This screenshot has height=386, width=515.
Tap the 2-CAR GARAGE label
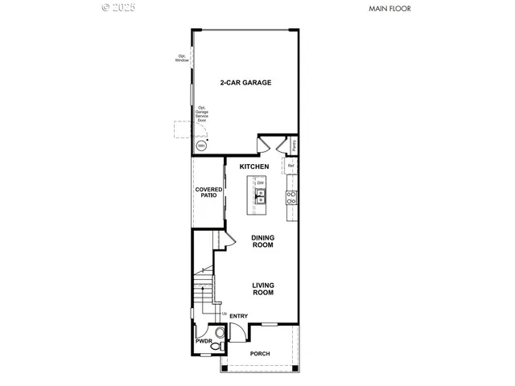[x=245, y=83]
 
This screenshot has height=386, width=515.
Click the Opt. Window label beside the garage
[x=182, y=58]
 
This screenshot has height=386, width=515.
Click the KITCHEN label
[x=253, y=166]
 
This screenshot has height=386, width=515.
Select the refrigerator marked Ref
[x=291, y=166]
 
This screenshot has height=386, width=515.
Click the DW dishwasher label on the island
[x=260, y=183]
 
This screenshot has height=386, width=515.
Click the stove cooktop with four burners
[x=292, y=196]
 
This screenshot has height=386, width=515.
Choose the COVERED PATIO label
[x=208, y=193]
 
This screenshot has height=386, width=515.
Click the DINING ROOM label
[x=262, y=240]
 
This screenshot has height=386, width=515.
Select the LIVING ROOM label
[x=263, y=289]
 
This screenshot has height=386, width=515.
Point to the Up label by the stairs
[x=223, y=314]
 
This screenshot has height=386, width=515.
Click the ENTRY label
[x=238, y=316]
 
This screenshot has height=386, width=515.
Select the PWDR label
[x=203, y=341]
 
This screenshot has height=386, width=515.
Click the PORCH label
[x=259, y=354]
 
